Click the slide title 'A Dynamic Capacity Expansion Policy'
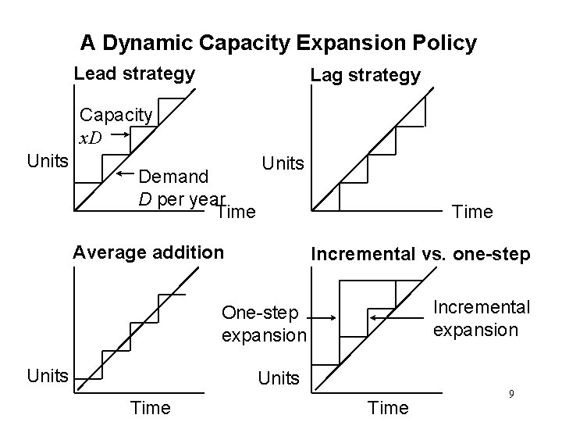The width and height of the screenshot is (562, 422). [x=279, y=43]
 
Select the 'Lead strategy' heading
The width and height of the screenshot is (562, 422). [x=133, y=74]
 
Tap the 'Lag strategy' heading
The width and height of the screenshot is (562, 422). [x=365, y=75]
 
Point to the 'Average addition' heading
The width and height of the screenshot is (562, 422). [x=148, y=252]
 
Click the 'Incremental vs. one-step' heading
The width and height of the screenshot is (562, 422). [x=421, y=254]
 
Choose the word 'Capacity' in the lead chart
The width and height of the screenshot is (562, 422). [x=116, y=115]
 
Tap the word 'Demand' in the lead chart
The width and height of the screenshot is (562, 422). [x=176, y=177]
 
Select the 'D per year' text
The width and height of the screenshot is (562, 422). [x=181, y=198]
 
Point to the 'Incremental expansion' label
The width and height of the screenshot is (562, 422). [x=481, y=318]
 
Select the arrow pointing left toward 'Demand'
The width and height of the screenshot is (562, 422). [x=125, y=172]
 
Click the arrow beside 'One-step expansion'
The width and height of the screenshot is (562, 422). [x=321, y=318]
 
